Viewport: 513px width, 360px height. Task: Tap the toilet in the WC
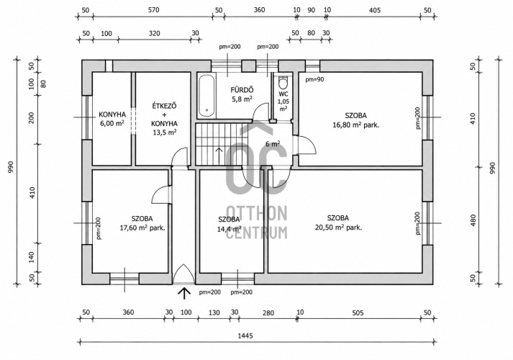pyautogui.click(x=282, y=83)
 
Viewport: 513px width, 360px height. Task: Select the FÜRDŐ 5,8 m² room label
pyautogui.click(x=242, y=94)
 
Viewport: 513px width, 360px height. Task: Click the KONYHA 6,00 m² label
pyautogui.click(x=112, y=119)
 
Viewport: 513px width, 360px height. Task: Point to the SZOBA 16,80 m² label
pyautogui.click(x=356, y=120)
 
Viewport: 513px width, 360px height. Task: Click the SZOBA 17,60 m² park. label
pyautogui.click(x=142, y=223)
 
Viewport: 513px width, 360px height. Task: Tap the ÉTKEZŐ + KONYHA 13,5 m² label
pyautogui.click(x=164, y=119)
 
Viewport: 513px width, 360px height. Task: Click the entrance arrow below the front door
pyautogui.click(x=184, y=293)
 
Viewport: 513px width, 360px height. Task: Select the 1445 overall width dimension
pyautogui.click(x=245, y=336)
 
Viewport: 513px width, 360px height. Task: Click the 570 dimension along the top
pyautogui.click(x=153, y=10)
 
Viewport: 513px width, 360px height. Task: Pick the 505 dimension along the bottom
pyautogui.click(x=358, y=313)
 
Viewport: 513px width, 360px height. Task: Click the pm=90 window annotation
pyautogui.click(x=314, y=79)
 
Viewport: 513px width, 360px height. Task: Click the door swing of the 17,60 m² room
pyautogui.click(x=163, y=194)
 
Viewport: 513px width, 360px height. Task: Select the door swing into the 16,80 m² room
pyautogui.click(x=307, y=145)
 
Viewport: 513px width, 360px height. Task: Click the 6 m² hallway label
pyautogui.click(x=273, y=144)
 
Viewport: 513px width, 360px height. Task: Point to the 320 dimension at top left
pyautogui.click(x=155, y=33)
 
